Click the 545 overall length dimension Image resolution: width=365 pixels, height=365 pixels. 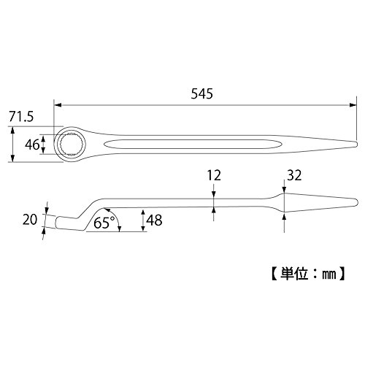click(x=201, y=93)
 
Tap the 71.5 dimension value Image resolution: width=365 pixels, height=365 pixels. click(x=21, y=117)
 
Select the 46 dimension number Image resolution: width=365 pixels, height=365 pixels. click(x=32, y=145)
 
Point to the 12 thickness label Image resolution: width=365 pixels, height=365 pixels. click(x=214, y=175)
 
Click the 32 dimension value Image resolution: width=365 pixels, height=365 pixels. click(x=294, y=175)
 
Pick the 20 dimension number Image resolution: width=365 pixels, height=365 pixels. click(x=30, y=220)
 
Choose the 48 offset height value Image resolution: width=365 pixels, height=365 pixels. click(x=155, y=220)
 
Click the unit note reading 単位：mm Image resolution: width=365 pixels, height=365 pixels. click(x=308, y=274)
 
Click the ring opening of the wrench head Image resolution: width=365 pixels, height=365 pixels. click(x=72, y=145)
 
